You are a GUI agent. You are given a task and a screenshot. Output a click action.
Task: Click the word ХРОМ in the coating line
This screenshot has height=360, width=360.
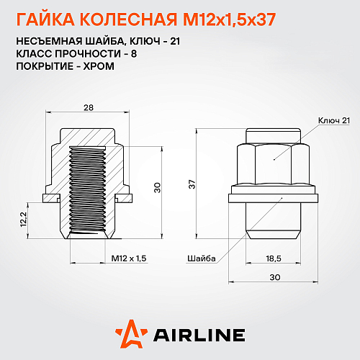tap(99, 66)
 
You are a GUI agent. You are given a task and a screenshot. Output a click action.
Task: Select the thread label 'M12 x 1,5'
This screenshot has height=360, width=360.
tap(130, 258)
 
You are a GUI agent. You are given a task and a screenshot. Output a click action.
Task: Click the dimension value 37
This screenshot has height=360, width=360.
tap(191, 185)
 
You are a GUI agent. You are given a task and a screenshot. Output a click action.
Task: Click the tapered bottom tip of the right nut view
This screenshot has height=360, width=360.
tap(274, 235)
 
